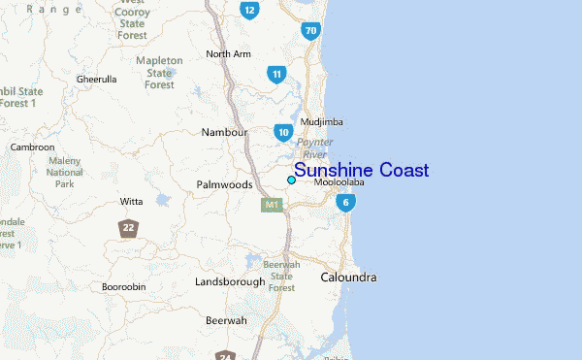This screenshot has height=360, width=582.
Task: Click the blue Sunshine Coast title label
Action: pyautogui.click(x=361, y=171)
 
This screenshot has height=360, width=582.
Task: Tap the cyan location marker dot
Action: pyautogui.click(x=291, y=180)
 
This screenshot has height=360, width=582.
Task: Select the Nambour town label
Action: pyautogui.click(x=224, y=132)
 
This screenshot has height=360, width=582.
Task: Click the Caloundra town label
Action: pyautogui.click(x=348, y=278)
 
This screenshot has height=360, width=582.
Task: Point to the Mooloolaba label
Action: pyautogui.click(x=339, y=181)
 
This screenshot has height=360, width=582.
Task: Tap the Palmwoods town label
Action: pyautogui.click(x=224, y=184)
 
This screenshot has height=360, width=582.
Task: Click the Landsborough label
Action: pyautogui.click(x=230, y=281)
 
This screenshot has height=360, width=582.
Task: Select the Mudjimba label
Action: pyautogui.click(x=322, y=122)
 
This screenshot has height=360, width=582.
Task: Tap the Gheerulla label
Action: pyautogui.click(x=96, y=79)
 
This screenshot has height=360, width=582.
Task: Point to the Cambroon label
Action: pyautogui.click(x=32, y=147)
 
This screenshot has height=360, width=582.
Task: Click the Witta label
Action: pyautogui.click(x=131, y=202)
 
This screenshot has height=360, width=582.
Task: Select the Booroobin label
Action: pyautogui.click(x=123, y=286)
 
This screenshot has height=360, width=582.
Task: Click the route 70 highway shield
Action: pyautogui.click(x=310, y=31)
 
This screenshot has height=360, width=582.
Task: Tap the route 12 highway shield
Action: pyautogui.click(x=250, y=11)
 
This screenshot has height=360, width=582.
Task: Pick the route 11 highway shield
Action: pyautogui.click(x=277, y=74)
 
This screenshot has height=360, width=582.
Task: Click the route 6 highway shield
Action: pyautogui.click(x=345, y=203)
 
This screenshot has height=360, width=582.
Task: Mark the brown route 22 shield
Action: pyautogui.click(x=128, y=228)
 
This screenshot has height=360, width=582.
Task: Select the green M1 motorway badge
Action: pyautogui.click(x=272, y=205)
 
